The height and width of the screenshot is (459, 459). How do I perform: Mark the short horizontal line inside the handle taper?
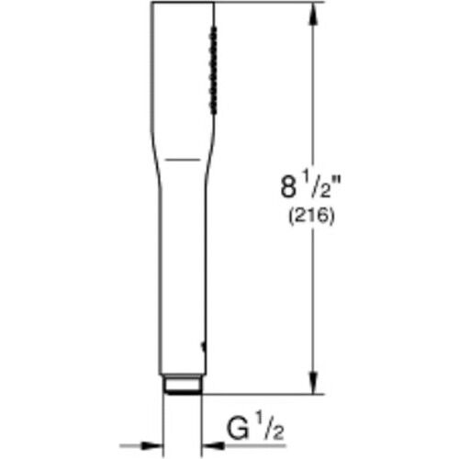[184, 158]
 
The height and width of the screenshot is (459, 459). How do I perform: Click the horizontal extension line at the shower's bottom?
[266, 395]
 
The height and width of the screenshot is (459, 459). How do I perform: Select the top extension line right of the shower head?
[266, 3]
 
